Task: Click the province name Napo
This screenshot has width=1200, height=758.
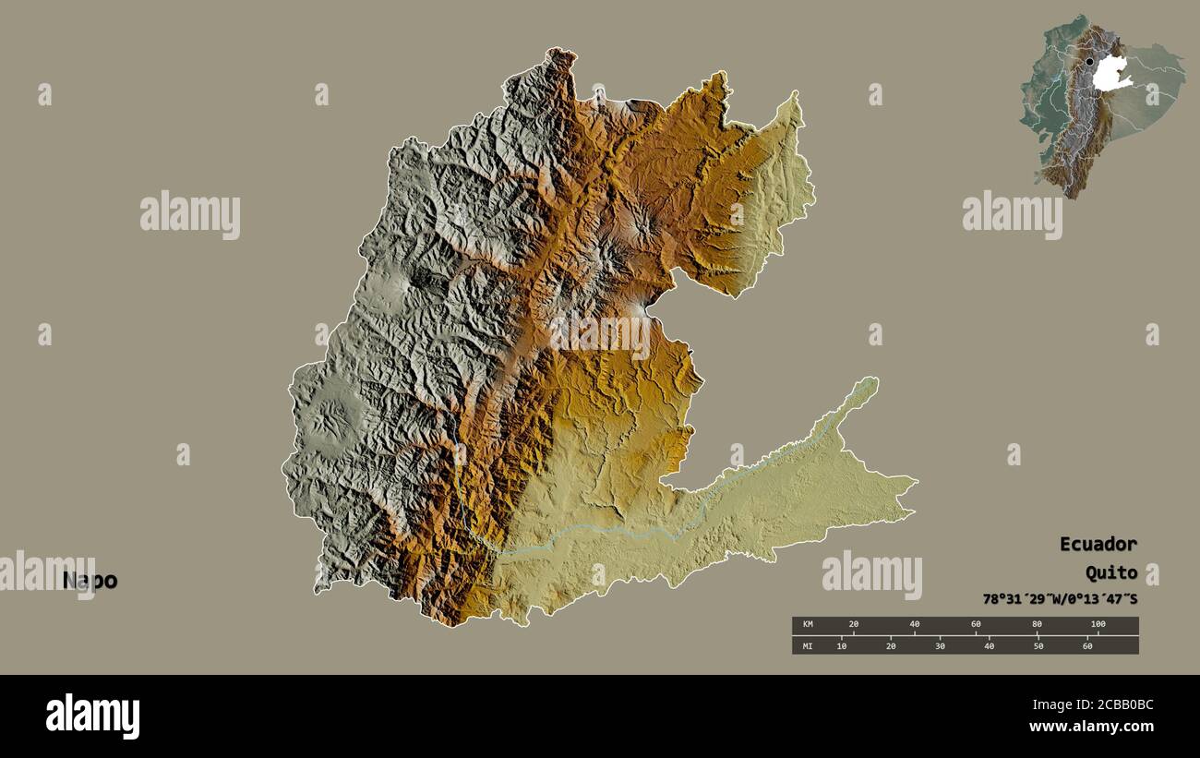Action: tap(90, 581)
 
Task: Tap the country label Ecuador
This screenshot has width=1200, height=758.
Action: tap(1098, 544)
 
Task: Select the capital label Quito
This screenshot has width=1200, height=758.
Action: tap(1110, 573)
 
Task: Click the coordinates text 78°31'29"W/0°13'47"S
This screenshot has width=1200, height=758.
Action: tap(1060, 599)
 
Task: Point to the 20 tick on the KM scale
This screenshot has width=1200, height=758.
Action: tap(853, 625)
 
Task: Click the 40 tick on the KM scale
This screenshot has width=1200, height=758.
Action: tap(914, 625)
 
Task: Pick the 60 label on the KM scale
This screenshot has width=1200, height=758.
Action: tap(976, 625)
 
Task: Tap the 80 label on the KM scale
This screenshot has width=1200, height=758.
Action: tap(1037, 625)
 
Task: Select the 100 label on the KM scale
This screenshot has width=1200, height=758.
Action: tap(1097, 625)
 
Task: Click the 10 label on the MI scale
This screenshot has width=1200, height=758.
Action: tap(841, 645)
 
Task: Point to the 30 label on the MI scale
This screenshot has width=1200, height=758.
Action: tap(940, 645)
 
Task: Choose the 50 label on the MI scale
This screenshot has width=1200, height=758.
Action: tap(1038, 645)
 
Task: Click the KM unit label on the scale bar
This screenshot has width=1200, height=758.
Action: tap(807, 625)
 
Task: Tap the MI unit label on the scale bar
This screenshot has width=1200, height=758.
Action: tap(807, 645)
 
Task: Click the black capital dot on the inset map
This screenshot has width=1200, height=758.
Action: tap(1089, 62)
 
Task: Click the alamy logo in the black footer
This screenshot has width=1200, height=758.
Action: tap(92, 716)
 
